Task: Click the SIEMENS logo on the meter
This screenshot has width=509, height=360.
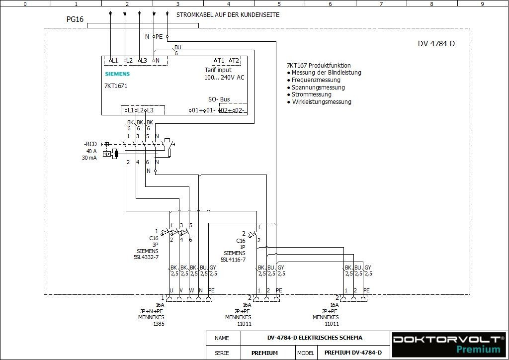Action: point(117,74)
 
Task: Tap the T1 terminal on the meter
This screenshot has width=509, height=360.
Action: point(220,61)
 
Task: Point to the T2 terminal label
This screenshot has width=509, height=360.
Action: point(235,61)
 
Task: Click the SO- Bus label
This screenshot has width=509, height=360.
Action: point(219,99)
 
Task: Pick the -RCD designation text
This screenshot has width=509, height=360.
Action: point(90,144)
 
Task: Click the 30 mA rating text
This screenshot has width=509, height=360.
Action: point(89,158)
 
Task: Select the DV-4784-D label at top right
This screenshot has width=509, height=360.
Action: point(436,44)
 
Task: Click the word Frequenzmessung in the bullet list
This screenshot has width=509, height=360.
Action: point(316,80)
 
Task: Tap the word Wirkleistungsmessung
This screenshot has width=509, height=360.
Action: point(322,102)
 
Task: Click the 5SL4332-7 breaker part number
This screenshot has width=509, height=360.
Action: point(146,257)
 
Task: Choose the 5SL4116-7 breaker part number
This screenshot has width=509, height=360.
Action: point(233,259)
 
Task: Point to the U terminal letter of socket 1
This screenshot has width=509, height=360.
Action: point(171,290)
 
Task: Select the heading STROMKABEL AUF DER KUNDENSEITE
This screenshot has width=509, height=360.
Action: point(228,15)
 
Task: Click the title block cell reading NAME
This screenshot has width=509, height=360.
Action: point(222,338)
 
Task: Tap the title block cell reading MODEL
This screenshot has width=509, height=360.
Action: point(306,353)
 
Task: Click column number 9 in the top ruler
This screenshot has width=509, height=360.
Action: point(482,3)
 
